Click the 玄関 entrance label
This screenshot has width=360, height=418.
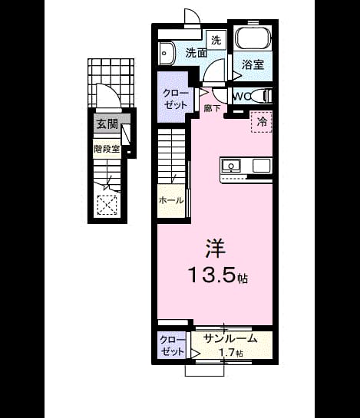107,123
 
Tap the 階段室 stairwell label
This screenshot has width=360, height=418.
107,149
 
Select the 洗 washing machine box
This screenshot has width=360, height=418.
216,40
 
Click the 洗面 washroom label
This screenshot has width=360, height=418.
197,53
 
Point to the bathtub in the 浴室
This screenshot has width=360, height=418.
253,38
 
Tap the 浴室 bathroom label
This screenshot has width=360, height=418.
253,64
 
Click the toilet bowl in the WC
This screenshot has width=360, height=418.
259,96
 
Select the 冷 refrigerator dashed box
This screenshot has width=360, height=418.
261,122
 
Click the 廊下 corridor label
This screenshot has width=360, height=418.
213,108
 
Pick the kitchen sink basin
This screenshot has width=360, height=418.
231,166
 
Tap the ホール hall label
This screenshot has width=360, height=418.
171,200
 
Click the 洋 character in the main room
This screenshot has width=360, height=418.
216,248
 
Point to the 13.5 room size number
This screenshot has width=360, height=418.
213,275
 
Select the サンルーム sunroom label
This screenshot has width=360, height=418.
230,338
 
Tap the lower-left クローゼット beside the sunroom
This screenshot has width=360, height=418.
172,346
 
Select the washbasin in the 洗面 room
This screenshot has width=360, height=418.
166,53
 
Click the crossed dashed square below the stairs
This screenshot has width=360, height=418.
107,205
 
